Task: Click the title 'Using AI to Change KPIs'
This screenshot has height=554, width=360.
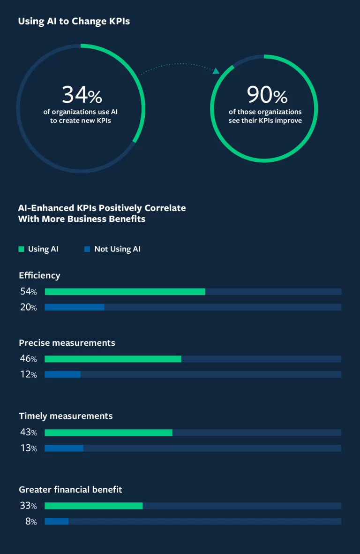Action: [74, 22]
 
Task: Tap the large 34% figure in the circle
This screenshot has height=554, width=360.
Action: [82, 95]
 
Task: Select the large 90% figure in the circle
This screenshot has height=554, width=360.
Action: [267, 95]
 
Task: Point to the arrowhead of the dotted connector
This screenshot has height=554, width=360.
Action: [216, 71]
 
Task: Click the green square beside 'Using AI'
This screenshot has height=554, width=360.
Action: [21, 249]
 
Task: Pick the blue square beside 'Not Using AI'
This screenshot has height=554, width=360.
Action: [87, 249]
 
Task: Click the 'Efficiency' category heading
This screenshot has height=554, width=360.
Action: [39, 275]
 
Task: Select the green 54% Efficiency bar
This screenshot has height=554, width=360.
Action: [125, 292]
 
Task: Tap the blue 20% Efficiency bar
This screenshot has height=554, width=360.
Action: [74, 307]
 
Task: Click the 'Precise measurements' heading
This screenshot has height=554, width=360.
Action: [67, 343]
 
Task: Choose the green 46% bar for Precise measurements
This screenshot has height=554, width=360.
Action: [112, 359]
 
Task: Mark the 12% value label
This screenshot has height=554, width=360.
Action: [28, 374]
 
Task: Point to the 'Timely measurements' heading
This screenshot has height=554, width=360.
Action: [66, 416]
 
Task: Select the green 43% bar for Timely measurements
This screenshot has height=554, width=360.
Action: [108, 433]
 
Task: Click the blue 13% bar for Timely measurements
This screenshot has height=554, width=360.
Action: [64, 448]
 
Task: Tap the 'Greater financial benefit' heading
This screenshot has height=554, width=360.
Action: [70, 489]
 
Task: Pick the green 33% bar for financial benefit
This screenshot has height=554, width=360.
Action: [93, 506]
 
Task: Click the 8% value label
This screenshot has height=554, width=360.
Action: [31, 521]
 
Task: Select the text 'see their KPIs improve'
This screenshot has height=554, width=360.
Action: [265, 121]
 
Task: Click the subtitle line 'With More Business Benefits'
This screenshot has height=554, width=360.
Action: [82, 219]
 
